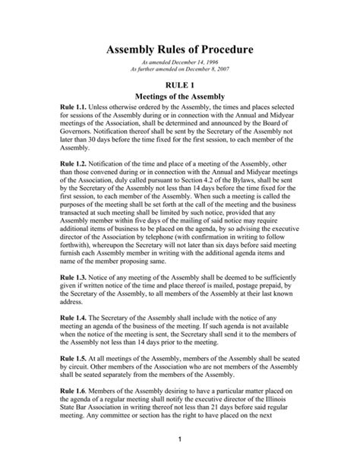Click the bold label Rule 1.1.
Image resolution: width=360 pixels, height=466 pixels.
click(x=72, y=122)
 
